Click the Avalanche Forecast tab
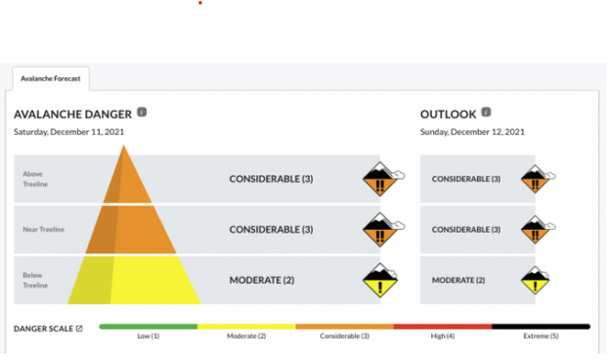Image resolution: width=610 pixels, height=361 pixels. click(51, 78)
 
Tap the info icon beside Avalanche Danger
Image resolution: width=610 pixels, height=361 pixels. click(142, 113)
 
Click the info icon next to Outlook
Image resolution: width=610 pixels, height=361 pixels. click(486, 113)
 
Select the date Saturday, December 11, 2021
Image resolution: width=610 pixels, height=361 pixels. click(68, 132)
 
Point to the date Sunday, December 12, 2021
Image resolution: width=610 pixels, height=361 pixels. click(472, 132)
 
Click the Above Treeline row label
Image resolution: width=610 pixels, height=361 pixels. click(35, 179)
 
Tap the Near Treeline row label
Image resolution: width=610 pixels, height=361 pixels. click(44, 229)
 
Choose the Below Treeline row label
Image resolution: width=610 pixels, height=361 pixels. click(35, 280)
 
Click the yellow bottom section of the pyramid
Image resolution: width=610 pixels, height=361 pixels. click(134, 280)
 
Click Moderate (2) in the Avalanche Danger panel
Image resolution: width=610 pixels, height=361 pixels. click(262, 280)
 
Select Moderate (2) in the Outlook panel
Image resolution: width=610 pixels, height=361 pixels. click(458, 280)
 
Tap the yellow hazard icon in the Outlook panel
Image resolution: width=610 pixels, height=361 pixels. click(536, 281)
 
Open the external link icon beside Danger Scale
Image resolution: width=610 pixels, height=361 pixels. click(79, 329)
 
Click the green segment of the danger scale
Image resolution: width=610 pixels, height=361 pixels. click(149, 327)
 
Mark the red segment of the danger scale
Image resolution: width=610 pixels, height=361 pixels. click(443, 327)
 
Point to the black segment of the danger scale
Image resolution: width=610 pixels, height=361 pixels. click(542, 327)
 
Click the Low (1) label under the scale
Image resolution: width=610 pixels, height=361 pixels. click(149, 336)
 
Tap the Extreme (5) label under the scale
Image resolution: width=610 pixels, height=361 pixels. click(541, 336)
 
